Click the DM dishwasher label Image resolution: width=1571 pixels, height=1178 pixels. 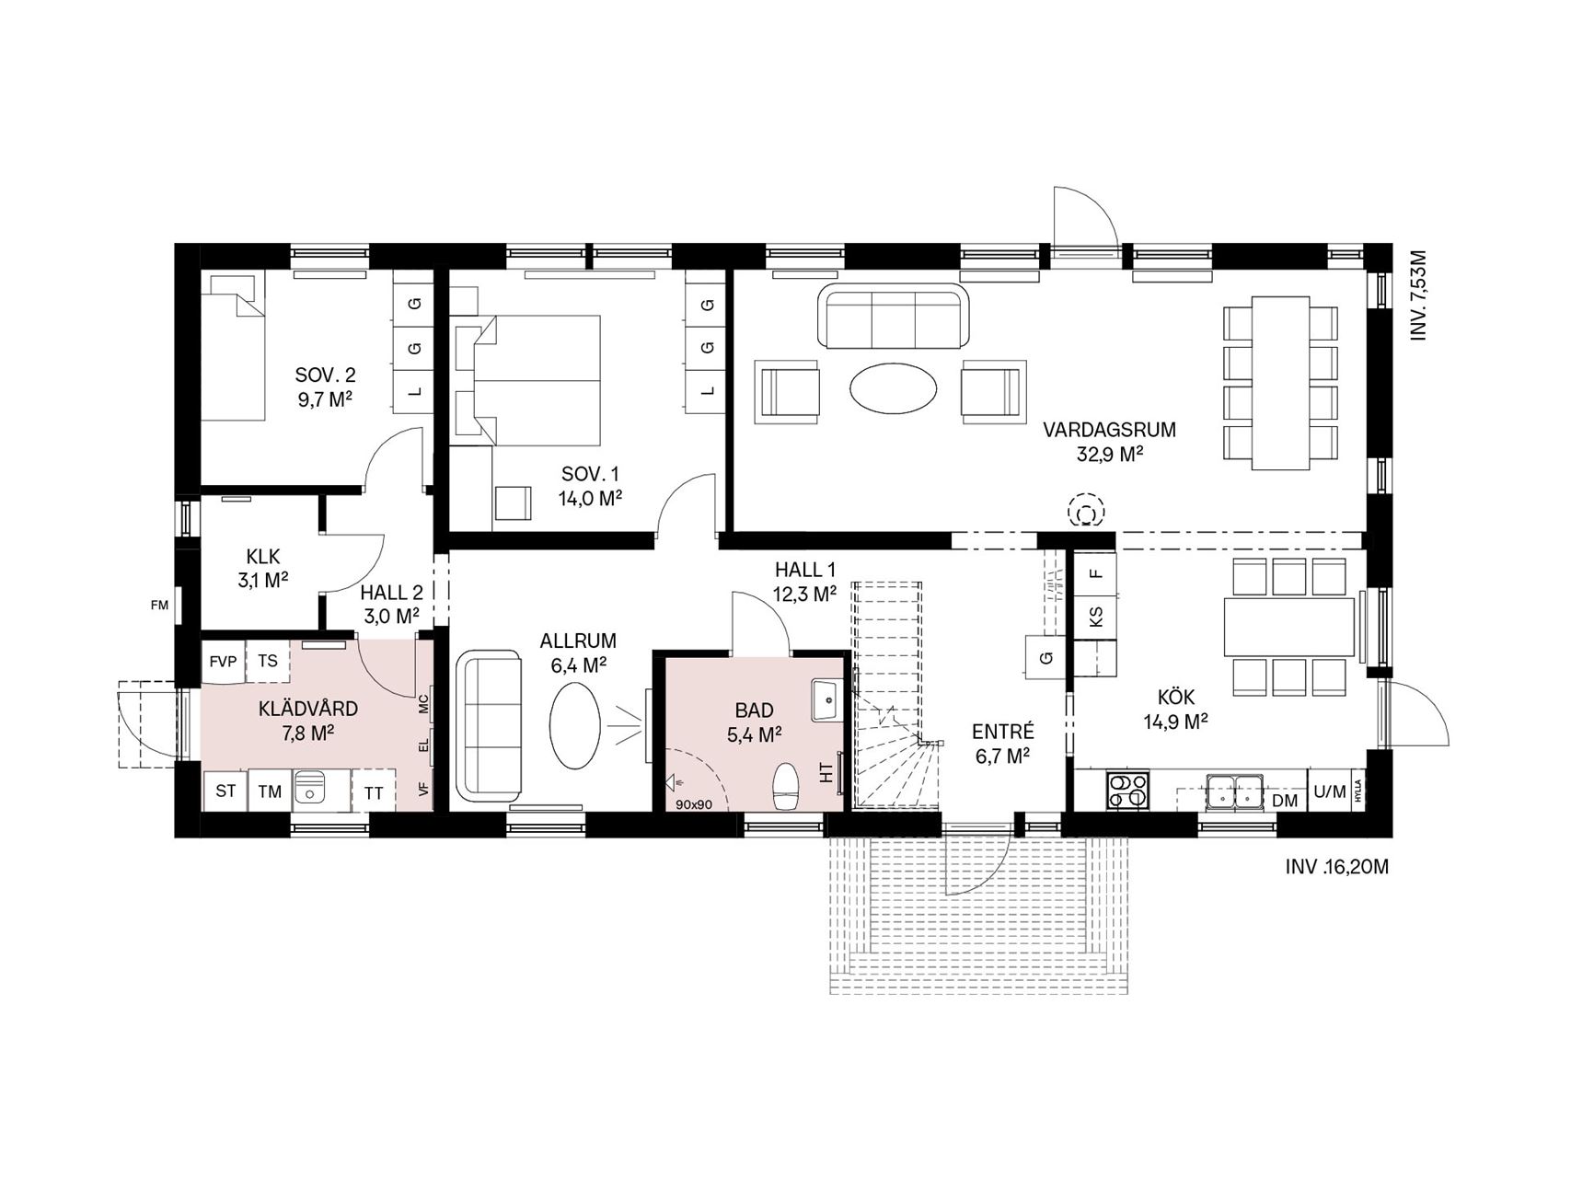(x=1285, y=801)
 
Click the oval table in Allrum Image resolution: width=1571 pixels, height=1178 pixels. (x=576, y=723)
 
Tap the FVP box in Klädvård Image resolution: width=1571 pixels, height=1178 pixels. (x=224, y=661)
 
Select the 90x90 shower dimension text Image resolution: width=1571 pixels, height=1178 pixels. (x=695, y=804)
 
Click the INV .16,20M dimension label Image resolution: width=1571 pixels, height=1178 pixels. (x=1337, y=867)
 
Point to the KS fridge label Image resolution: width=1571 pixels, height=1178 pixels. (x=1095, y=616)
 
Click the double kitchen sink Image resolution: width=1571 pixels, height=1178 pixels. (x=1233, y=791)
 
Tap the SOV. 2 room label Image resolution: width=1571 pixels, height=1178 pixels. (x=325, y=375)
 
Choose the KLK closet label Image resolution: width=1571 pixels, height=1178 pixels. (x=263, y=557)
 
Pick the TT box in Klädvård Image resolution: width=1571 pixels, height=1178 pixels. (x=374, y=792)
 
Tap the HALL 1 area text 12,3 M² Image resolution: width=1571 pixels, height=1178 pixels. (x=804, y=595)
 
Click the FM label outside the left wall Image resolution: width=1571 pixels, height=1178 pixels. (x=160, y=606)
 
